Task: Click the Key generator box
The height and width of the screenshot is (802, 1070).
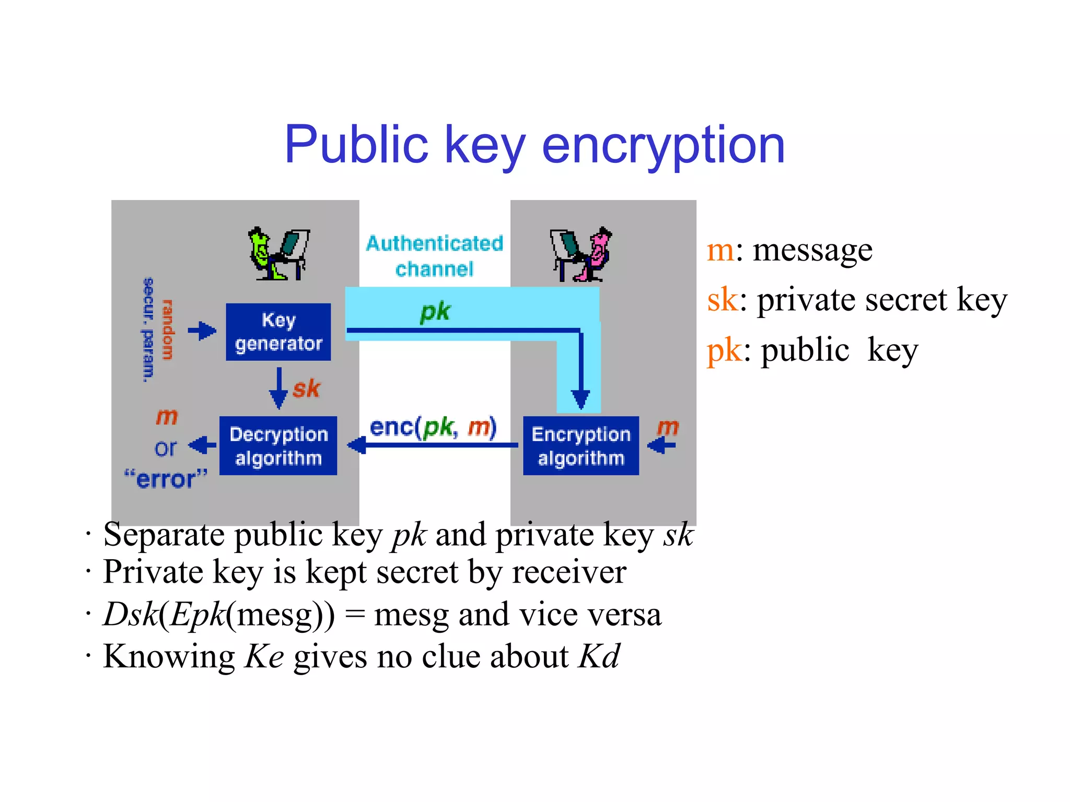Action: click(x=278, y=332)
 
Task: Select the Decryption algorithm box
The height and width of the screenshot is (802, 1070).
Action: click(x=278, y=445)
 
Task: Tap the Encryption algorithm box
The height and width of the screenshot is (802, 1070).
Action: click(x=580, y=445)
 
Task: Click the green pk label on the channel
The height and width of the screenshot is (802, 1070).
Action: click(x=435, y=312)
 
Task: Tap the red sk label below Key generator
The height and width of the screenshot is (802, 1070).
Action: click(x=306, y=389)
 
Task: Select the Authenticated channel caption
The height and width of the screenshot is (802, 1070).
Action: click(x=434, y=256)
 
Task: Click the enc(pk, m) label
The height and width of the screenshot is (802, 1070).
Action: click(x=433, y=428)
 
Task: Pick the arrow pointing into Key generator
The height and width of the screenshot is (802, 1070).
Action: click(x=202, y=331)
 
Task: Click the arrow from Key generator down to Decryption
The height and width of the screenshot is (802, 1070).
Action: click(x=278, y=388)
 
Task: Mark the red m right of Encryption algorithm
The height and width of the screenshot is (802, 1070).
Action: click(x=668, y=428)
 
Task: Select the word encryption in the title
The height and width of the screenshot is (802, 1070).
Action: click(x=664, y=146)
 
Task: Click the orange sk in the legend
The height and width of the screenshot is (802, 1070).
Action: click(x=723, y=300)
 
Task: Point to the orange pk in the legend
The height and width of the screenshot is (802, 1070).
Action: click(x=724, y=350)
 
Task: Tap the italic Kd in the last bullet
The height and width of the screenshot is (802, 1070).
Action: click(x=599, y=656)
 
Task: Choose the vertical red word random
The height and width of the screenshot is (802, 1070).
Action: click(x=167, y=329)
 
